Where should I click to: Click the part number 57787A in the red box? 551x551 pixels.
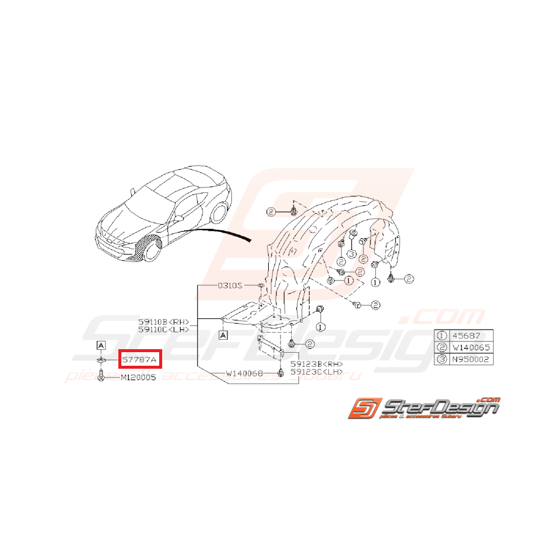pyautogui.click(x=140, y=359)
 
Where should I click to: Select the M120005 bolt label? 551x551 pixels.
pyautogui.click(x=138, y=378)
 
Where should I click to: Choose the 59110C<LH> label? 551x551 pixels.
pyautogui.click(x=163, y=330)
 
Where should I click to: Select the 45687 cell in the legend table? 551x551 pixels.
pyautogui.click(x=471, y=336)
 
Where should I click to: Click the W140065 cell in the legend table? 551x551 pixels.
pyautogui.click(x=471, y=347)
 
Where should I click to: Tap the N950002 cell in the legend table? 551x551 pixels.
pyautogui.click(x=471, y=359)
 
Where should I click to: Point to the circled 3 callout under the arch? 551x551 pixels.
pyautogui.click(x=351, y=254)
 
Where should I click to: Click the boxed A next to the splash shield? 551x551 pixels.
pyautogui.click(x=224, y=335)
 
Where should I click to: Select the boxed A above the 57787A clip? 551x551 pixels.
pyautogui.click(x=101, y=345)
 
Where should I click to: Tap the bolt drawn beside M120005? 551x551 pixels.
pyautogui.click(x=101, y=376)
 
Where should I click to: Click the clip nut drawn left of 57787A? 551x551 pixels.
pyautogui.click(x=101, y=359)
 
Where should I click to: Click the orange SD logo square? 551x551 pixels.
pyautogui.click(x=362, y=408)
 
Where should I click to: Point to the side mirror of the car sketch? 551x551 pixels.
pyautogui.click(x=178, y=218)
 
